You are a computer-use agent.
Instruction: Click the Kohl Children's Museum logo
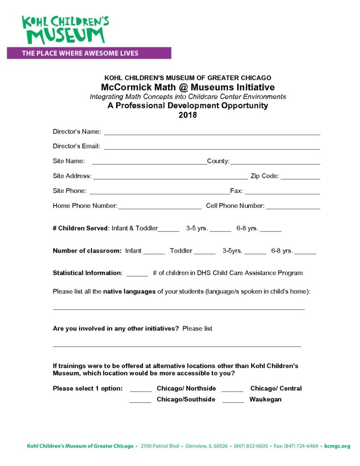pyautogui.click(x=66, y=30)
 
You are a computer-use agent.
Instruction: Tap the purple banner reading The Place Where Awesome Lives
pyautogui.click(x=89, y=53)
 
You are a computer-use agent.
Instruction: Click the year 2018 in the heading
pyautogui.click(x=188, y=115)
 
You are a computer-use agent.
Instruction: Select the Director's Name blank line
pyautogui.click(x=212, y=133)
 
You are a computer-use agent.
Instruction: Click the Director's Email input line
pyautogui.click(x=212, y=147)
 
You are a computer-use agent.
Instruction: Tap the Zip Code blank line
pyautogui.click(x=300, y=177)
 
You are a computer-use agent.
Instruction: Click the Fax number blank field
pyautogui.click(x=282, y=192)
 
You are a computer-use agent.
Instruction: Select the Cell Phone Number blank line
pyautogui.click(x=293, y=207)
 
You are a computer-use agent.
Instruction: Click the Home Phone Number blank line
pyautogui.click(x=159, y=207)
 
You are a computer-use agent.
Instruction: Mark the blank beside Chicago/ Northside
pyautogui.click(x=141, y=390)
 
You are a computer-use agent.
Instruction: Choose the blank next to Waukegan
pyautogui.click(x=233, y=401)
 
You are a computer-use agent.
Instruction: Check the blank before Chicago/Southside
pyautogui.click(x=141, y=401)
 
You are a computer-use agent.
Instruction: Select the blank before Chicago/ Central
pyautogui.click(x=233, y=390)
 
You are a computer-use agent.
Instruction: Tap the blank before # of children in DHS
pyautogui.click(x=137, y=274)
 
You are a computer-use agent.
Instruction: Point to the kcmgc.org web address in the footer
pyautogui.click(x=337, y=446)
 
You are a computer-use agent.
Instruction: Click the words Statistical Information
pyautogui.click(x=87, y=273)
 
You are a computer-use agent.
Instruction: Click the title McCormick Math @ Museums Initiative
pyautogui.click(x=188, y=87)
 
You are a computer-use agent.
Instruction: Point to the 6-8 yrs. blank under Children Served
pyautogui.click(x=271, y=230)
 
